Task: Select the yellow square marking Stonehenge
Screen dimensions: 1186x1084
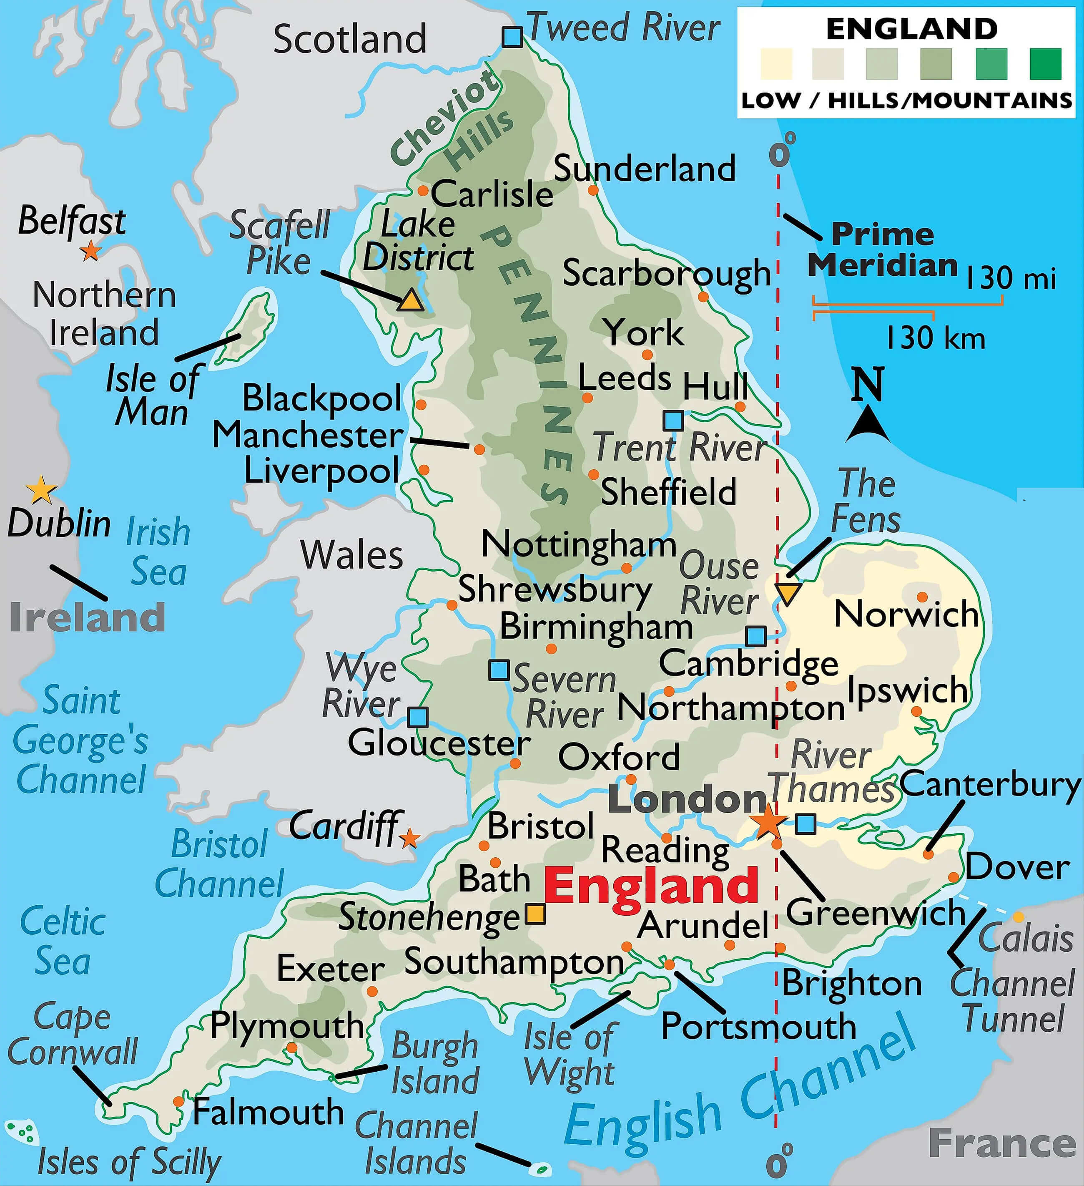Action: [535, 914]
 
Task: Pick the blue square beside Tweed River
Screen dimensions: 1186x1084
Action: [512, 37]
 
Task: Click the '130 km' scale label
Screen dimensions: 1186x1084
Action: [935, 338]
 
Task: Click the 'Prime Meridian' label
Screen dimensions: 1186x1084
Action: [882, 250]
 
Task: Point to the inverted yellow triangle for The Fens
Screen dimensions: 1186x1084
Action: [787, 594]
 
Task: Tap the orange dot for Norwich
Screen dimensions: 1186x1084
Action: [922, 597]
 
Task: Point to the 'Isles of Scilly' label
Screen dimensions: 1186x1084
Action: [129, 1162]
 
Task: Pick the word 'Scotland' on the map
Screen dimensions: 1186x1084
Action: [350, 39]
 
